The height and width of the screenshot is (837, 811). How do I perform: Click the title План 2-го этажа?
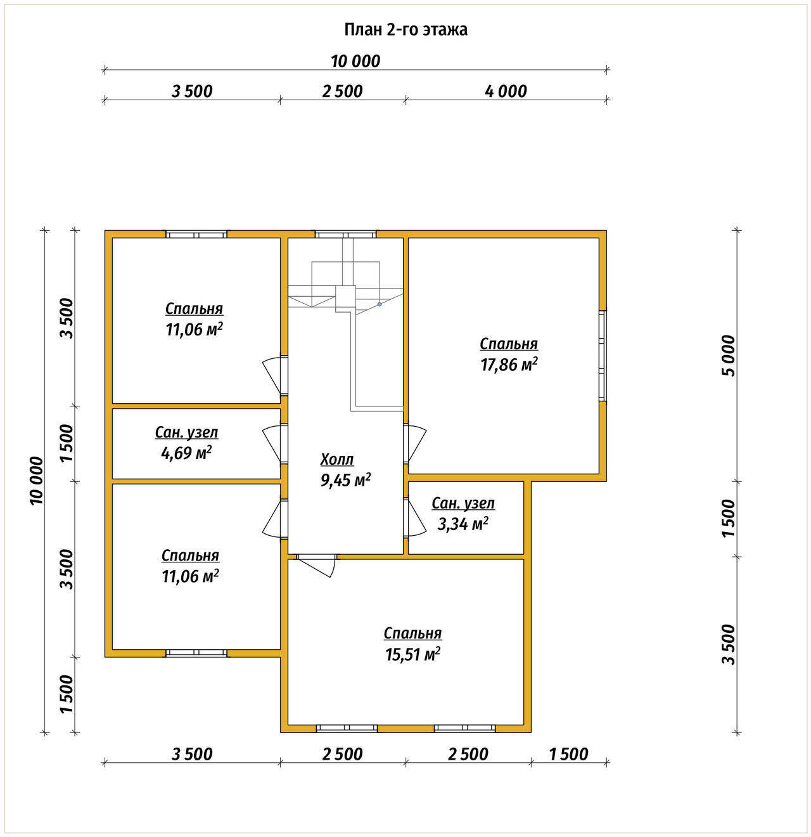pyautogui.click(x=405, y=30)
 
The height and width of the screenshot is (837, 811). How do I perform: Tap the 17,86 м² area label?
pyautogui.click(x=508, y=365)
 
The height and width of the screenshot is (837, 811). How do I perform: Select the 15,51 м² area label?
pyautogui.click(x=412, y=654)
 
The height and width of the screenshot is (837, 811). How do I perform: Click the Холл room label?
pyautogui.click(x=337, y=459)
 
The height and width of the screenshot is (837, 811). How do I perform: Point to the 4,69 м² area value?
pyautogui.click(x=186, y=453)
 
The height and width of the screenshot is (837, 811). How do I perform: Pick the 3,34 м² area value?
pyautogui.click(x=463, y=524)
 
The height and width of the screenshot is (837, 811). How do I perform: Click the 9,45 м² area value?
pyautogui.click(x=345, y=479)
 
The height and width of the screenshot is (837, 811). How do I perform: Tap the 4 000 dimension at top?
pyautogui.click(x=506, y=91)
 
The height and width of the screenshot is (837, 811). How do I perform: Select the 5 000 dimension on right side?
pyautogui.click(x=729, y=356)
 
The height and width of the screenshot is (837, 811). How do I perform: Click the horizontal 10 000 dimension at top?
pyautogui.click(x=355, y=62)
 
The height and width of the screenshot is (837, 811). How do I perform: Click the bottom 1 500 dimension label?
pyautogui.click(x=568, y=754)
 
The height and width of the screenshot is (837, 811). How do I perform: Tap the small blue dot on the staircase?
pyautogui.click(x=380, y=304)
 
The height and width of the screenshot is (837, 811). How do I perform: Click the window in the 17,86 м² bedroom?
pyautogui.click(x=603, y=356)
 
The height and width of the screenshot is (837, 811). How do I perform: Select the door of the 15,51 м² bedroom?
pyautogui.click(x=316, y=564)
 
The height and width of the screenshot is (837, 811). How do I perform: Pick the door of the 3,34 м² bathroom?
pyautogui.click(x=414, y=517)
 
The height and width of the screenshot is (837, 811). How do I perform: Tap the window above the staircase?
pyautogui.click(x=345, y=235)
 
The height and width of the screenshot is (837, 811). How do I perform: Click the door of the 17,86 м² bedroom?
pyautogui.click(x=414, y=444)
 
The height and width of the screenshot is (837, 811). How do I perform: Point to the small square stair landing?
pyautogui.click(x=345, y=296)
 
